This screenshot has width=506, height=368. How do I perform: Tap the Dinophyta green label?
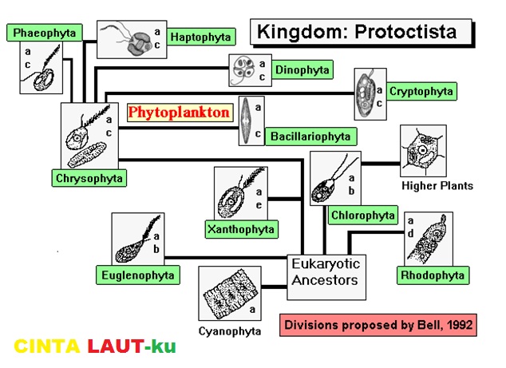302,69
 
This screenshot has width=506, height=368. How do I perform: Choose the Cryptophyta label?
421,91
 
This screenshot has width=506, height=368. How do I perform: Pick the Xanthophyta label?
240,230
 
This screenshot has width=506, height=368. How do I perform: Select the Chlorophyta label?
362,215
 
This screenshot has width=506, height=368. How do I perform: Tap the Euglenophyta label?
137,275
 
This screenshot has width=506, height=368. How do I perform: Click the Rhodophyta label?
431,275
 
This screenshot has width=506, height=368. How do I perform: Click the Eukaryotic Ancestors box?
325,272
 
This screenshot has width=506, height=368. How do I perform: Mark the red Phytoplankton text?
179,113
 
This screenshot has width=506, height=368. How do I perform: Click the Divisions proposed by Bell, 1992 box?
378,325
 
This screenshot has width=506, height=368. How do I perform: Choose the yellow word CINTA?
46,346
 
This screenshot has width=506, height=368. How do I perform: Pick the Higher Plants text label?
437,186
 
